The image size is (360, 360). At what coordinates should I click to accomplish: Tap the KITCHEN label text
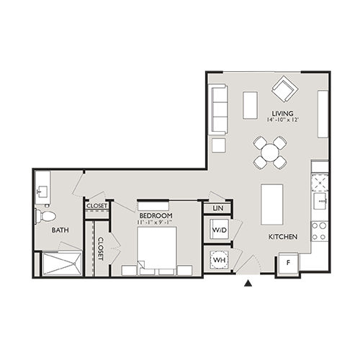click(x=283, y=236)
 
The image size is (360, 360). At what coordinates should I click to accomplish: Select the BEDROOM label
click(x=155, y=215)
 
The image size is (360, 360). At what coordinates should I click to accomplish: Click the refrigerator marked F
click(x=289, y=264)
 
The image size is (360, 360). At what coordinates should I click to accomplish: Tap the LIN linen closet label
click(x=217, y=209)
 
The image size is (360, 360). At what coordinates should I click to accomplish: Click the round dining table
click(x=270, y=152)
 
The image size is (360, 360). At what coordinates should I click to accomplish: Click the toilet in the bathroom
click(x=47, y=215)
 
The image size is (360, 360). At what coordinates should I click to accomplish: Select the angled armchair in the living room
click(x=283, y=91)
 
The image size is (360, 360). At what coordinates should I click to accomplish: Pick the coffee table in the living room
click(x=250, y=104)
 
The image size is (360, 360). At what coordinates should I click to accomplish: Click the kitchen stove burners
click(x=319, y=230)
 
